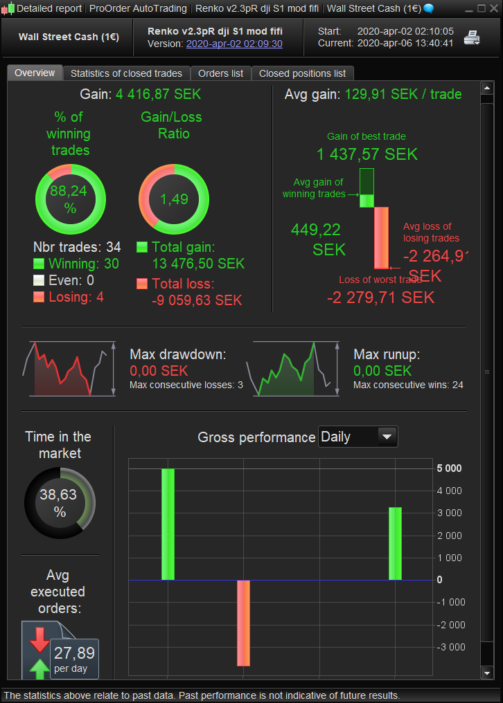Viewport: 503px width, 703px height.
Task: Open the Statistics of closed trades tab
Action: (126, 73)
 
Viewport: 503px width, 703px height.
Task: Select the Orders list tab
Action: (220, 73)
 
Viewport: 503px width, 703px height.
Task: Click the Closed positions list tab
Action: (302, 73)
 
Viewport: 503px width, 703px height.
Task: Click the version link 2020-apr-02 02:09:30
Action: (234, 44)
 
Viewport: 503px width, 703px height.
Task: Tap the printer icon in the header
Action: (472, 38)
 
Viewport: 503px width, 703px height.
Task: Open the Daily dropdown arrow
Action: (387, 437)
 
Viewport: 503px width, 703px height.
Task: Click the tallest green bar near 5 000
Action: (168, 524)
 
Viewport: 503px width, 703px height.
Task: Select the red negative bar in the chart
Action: (243, 623)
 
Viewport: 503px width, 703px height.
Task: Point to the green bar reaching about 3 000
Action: (395, 543)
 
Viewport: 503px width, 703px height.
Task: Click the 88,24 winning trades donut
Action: (70, 199)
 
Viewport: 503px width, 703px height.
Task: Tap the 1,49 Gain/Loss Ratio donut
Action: (174, 199)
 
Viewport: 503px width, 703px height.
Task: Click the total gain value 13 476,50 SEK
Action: (198, 264)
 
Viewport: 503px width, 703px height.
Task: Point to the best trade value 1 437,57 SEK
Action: (367, 154)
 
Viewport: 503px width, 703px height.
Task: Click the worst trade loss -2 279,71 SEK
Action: (380, 298)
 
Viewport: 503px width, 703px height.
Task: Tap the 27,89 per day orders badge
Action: (74, 658)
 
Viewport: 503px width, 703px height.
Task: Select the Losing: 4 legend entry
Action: (69, 297)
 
